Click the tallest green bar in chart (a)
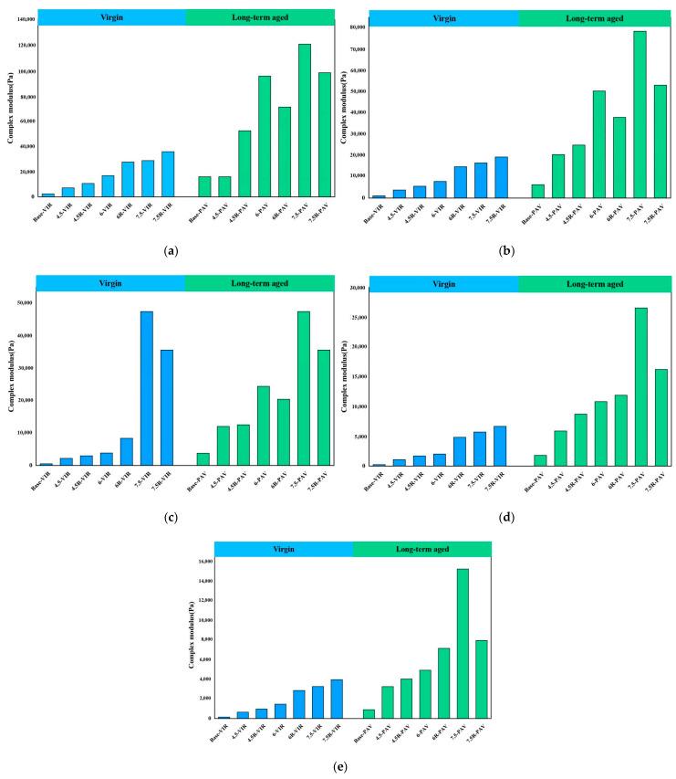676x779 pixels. pos(305,120)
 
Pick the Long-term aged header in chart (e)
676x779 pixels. pos(421,549)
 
